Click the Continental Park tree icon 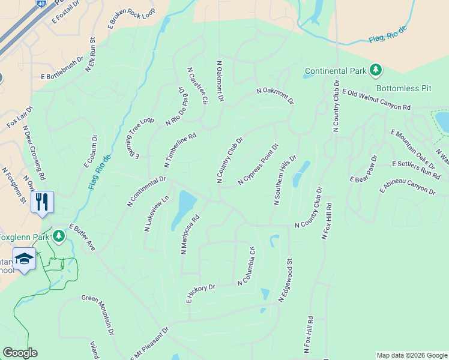[x=376, y=70]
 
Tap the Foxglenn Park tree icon [x=59, y=236]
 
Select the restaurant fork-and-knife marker [x=41, y=201]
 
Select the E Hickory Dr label [x=200, y=294]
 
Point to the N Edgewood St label [x=285, y=280]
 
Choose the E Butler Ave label [x=82, y=238]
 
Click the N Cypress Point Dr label [x=258, y=164]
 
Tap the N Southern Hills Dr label [x=285, y=179]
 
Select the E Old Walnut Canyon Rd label [x=376, y=99]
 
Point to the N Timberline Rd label [x=180, y=150]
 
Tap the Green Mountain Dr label [x=98, y=314]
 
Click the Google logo [x=20, y=353]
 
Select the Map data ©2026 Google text [x=412, y=355]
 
